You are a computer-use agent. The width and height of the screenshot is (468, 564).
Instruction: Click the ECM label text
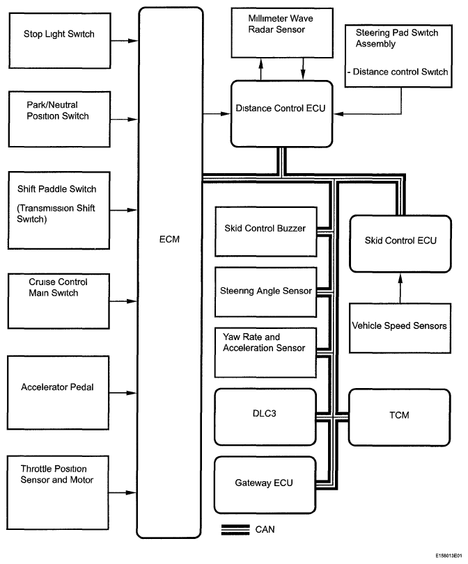point(170,240)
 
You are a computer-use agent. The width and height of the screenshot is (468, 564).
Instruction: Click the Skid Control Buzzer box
point(265,228)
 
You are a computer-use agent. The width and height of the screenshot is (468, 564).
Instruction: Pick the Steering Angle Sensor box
point(265,291)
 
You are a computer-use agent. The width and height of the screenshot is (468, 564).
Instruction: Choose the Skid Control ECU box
point(400,243)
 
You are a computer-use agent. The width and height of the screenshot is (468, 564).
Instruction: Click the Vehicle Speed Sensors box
point(400,326)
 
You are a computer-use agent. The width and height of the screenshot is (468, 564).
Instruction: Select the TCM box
point(400,417)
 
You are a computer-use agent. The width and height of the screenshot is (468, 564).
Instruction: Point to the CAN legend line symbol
point(235,530)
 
